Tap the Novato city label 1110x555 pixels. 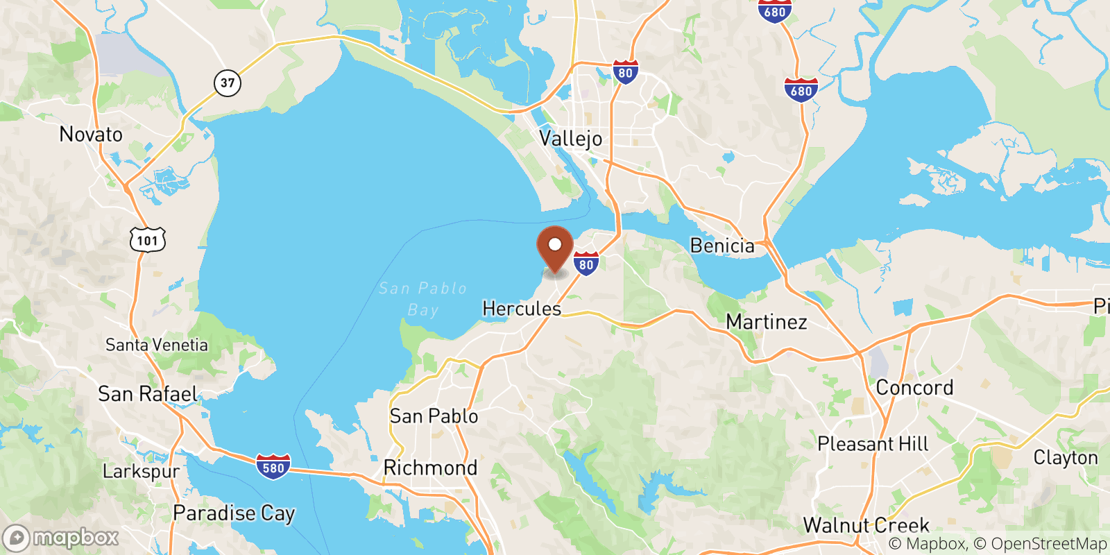[x=91, y=134]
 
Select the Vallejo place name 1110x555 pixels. [x=571, y=138]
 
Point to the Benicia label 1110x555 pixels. [x=722, y=246]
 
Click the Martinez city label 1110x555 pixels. [x=767, y=322]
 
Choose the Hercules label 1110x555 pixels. [x=522, y=308]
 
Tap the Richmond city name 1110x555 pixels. [x=430, y=468]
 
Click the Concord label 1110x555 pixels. [x=914, y=387]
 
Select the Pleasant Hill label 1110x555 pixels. [x=873, y=443]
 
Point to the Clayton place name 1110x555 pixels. [x=1066, y=458]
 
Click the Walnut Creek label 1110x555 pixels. [x=866, y=525]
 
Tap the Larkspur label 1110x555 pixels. [x=141, y=472]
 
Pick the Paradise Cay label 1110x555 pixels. [x=234, y=513]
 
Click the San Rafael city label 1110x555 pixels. [x=148, y=394]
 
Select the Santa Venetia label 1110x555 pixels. [x=157, y=345]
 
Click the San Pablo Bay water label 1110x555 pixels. [x=422, y=298]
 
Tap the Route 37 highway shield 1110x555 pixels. [x=228, y=83]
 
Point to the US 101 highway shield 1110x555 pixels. [x=148, y=240]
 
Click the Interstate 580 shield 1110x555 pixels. [x=273, y=468]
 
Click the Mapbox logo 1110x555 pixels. [x=61, y=538]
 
